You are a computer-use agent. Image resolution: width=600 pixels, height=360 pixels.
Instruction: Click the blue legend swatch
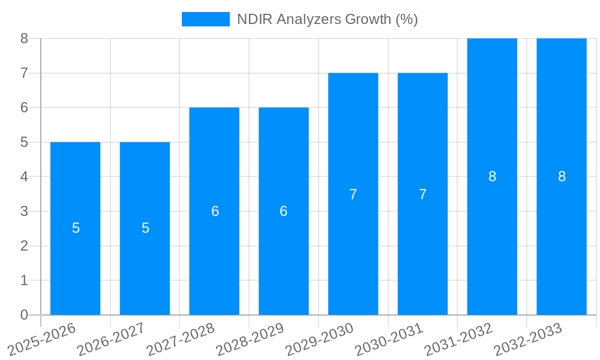click(x=205, y=19)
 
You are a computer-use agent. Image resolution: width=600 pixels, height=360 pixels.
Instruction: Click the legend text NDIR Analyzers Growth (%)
click(x=327, y=19)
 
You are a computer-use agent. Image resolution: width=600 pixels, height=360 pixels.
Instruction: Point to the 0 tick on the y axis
click(x=24, y=315)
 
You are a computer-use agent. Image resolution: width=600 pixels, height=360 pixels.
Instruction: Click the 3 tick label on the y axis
click(x=24, y=211)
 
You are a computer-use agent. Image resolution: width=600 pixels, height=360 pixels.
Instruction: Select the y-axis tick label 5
click(x=24, y=142)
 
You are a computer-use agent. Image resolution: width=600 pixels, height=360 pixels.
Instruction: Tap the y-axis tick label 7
click(x=24, y=73)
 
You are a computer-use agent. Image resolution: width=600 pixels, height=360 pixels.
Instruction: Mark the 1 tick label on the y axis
click(x=24, y=280)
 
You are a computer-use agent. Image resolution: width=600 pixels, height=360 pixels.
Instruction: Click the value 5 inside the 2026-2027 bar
click(x=145, y=228)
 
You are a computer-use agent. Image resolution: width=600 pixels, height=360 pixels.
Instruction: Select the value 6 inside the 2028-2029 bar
click(x=284, y=211)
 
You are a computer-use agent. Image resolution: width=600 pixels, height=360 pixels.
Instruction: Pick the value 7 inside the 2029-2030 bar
click(x=353, y=194)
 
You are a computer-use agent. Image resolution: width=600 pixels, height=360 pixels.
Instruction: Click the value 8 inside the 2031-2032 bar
click(x=492, y=176)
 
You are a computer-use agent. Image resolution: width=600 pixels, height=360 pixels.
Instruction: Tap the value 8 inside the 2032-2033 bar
click(x=562, y=176)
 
